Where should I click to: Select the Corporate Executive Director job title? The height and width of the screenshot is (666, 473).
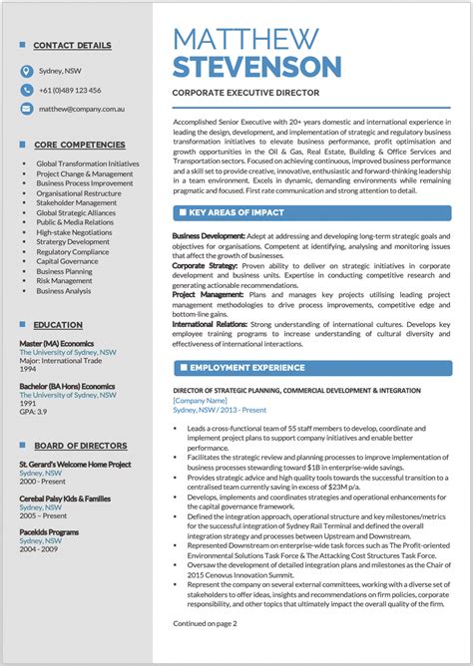coord(245,93)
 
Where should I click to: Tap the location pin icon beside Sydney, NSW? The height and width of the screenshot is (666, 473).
coord(27,72)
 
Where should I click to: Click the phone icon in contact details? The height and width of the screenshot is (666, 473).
coord(27,90)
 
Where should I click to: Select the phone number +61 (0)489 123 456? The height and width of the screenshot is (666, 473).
coord(70,90)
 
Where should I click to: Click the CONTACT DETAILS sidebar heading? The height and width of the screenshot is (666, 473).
coord(72,46)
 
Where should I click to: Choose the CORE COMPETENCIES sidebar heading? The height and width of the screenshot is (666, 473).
coord(79,145)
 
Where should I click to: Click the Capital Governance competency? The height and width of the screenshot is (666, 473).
coord(68,261)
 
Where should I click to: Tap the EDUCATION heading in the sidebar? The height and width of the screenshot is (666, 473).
coord(58,325)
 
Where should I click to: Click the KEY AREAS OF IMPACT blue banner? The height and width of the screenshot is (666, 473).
coord(311,212)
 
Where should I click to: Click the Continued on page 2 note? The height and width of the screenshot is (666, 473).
coord(205,651)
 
